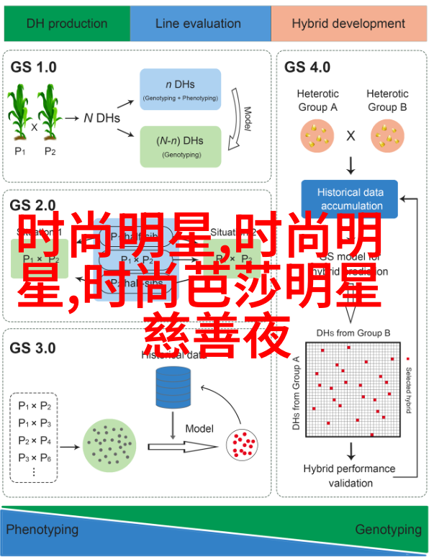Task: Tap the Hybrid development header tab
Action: (348, 24)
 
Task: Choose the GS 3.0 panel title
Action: (33, 348)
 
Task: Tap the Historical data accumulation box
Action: (351, 199)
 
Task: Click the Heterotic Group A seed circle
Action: (317, 135)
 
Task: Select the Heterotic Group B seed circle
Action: (387, 135)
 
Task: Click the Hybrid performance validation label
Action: (349, 475)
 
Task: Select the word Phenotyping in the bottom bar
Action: (42, 530)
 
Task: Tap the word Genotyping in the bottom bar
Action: (388, 530)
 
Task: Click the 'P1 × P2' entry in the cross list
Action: (35, 405)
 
